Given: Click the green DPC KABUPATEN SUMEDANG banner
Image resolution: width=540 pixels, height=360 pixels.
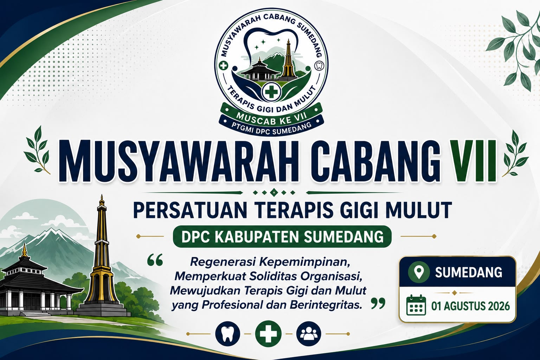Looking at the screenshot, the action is coord(282,237).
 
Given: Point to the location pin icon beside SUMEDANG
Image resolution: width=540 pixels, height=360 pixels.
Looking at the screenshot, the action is coord(419,272).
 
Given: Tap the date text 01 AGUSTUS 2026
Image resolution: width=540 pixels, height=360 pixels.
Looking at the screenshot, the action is coord(471,306).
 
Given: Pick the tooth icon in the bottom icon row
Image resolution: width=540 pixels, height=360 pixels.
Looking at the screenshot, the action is coord(228,334).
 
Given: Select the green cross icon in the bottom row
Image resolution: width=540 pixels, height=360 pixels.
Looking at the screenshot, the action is coord(268,334).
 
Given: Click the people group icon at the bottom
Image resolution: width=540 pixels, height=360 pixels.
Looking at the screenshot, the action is coord(309,334).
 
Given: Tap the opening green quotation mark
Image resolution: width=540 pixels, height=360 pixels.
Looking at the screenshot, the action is coord(155,260).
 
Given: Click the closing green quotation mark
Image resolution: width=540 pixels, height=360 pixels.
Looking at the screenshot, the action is coord(378,303).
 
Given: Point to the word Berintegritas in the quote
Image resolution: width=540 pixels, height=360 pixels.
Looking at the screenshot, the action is coord(326,305).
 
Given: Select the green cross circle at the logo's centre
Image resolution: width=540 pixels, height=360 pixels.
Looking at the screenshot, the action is coord(271,92).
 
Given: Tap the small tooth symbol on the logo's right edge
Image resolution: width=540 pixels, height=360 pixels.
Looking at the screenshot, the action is coord(320,65).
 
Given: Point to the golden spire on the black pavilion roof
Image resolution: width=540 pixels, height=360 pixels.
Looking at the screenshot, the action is coord(24,250).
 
